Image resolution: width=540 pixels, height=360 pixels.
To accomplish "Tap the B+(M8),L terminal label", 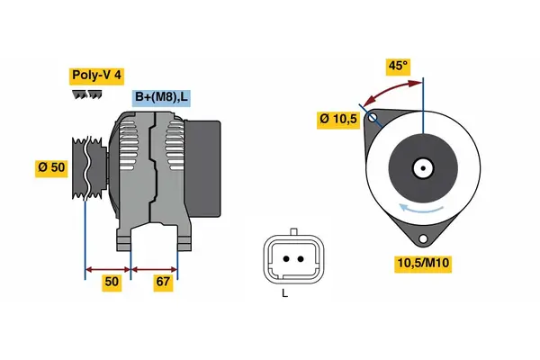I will (162, 98).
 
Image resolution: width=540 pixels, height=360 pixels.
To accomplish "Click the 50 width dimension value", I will (111, 283).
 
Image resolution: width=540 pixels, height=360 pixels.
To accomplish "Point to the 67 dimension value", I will (163, 283).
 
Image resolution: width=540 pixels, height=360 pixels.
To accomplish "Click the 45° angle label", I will (398, 66).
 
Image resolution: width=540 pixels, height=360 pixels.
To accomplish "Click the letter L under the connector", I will (284, 293).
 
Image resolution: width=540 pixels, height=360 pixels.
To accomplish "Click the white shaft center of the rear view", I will (422, 167).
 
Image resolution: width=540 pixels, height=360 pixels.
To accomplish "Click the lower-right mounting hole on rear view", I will (422, 238).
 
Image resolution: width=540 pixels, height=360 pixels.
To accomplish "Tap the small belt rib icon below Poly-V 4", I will (85, 94).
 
